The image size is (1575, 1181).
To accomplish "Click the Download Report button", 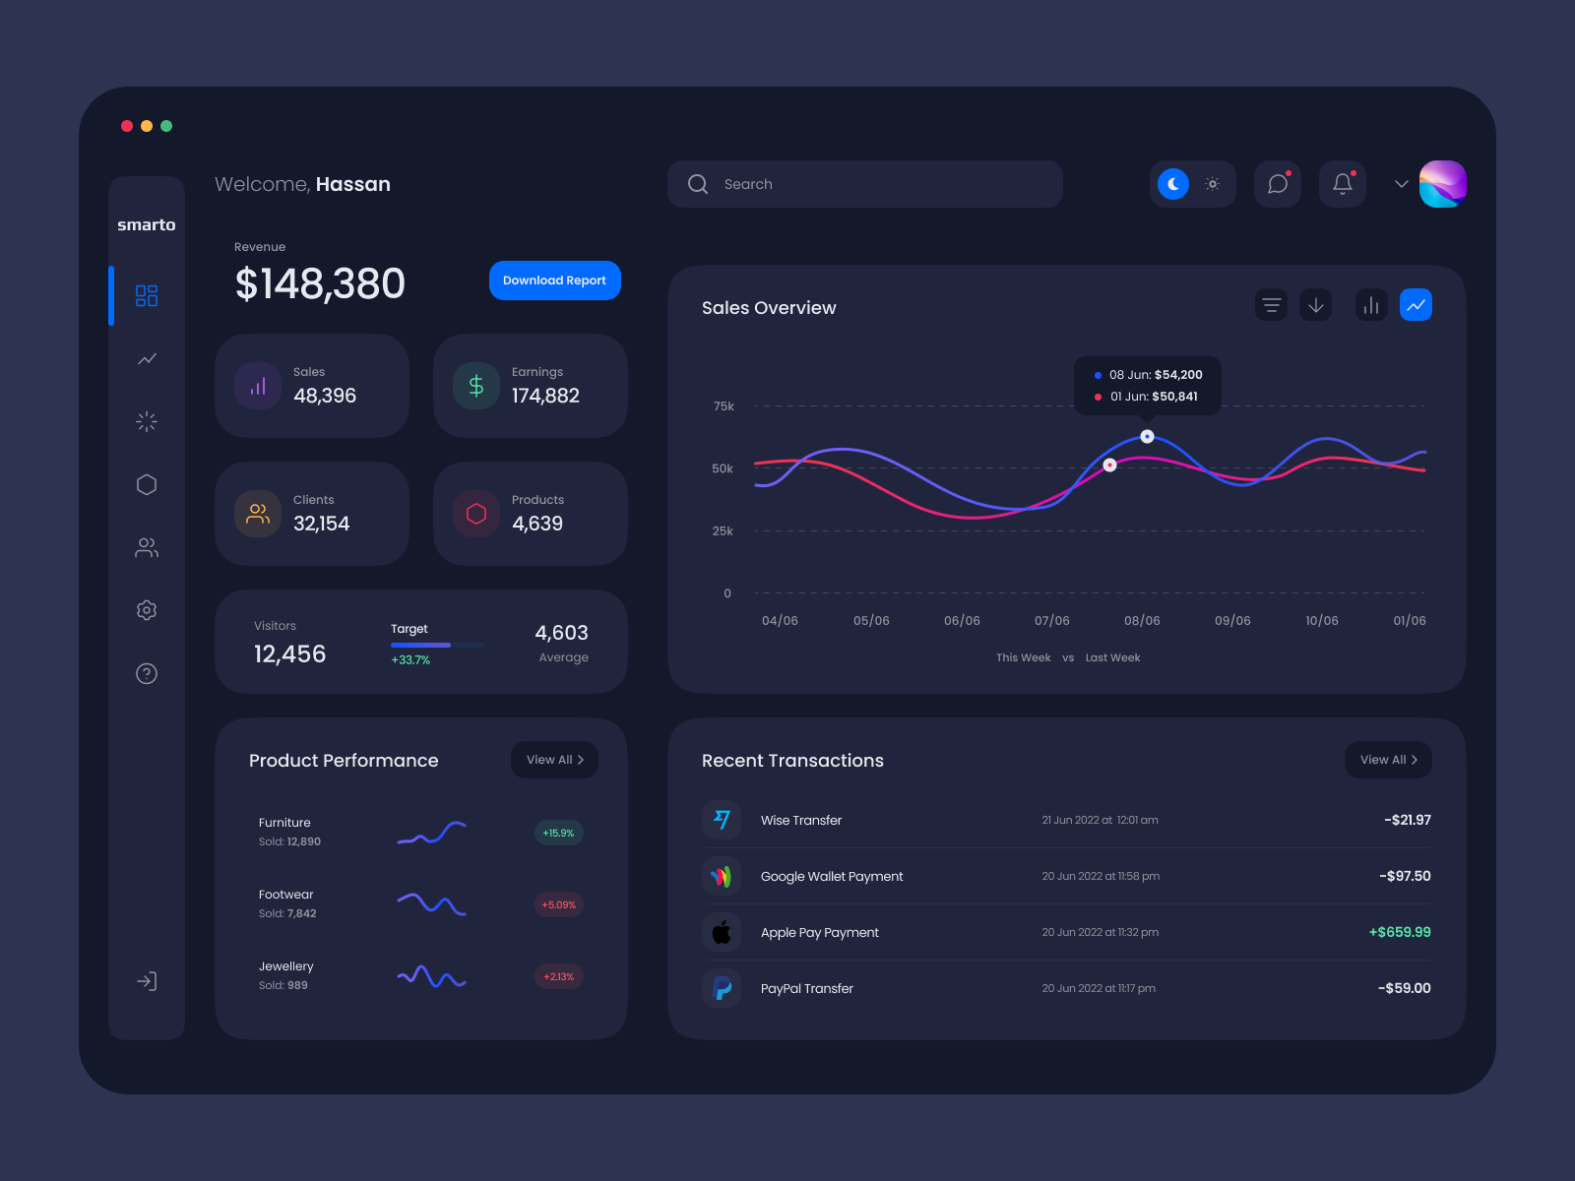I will (x=554, y=280).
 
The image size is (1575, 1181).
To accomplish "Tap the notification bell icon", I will (x=1342, y=184).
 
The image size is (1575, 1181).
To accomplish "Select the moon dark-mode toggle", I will (x=1172, y=184).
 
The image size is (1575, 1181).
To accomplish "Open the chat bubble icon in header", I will (x=1277, y=184).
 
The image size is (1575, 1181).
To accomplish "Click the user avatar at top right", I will (x=1442, y=184).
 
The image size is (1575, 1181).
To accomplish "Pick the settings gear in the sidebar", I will (x=147, y=610).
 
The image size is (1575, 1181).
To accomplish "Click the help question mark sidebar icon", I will (x=147, y=673).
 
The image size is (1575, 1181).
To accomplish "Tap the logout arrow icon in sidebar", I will (x=147, y=981).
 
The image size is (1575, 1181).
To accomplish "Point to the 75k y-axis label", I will (x=724, y=406).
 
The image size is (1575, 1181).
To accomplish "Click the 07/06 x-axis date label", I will (x=1051, y=621).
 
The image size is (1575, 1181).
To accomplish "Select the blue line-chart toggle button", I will (x=1416, y=305).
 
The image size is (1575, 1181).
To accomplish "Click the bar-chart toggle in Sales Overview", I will (x=1370, y=305).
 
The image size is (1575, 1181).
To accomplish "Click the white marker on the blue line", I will (x=1147, y=436).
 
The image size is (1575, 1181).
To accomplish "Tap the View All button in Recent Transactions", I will (x=1388, y=760).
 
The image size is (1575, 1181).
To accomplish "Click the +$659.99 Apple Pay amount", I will (x=1400, y=932).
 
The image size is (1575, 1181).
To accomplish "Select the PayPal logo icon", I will (x=722, y=988).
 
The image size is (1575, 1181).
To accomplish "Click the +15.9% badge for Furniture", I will (x=558, y=833).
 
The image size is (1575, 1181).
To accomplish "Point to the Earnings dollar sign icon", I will (x=476, y=386).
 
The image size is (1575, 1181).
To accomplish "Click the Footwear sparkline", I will (x=431, y=903).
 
